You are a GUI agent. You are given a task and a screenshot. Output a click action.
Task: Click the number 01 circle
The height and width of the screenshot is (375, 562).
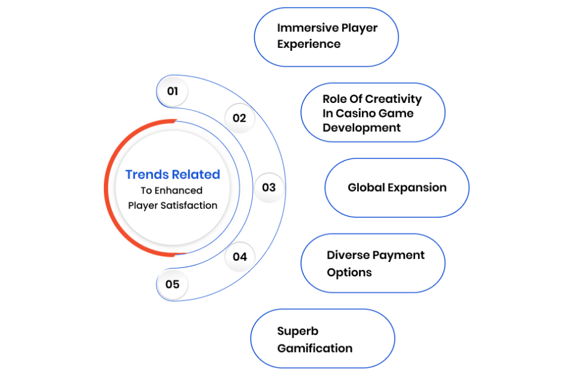pyautogui.click(x=172, y=91)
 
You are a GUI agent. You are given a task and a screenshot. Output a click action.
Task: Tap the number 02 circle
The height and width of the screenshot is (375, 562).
pyautogui.click(x=239, y=118)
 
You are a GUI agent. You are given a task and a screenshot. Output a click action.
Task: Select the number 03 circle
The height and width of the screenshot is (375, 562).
pyautogui.click(x=269, y=187)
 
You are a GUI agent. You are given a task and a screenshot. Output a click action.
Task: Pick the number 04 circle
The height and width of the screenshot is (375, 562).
pyautogui.click(x=239, y=256)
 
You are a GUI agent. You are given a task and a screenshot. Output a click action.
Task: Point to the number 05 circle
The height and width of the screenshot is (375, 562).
pyautogui.click(x=172, y=284)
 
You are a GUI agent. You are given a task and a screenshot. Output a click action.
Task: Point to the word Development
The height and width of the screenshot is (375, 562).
pyautogui.click(x=361, y=128)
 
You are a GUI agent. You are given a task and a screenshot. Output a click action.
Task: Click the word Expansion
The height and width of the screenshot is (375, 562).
pyautogui.click(x=417, y=188)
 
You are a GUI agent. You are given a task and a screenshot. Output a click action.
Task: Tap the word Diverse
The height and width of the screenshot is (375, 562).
pyautogui.click(x=349, y=255)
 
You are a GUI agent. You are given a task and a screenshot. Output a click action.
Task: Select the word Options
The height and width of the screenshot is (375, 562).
pyautogui.click(x=349, y=273)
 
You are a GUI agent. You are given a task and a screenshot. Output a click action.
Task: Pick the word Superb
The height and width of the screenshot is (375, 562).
pyautogui.click(x=297, y=331)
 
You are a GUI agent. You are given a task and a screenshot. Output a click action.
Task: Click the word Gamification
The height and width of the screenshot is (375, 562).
pyautogui.click(x=315, y=348)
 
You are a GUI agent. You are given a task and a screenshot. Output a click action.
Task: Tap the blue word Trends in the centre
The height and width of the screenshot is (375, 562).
pyautogui.click(x=147, y=174)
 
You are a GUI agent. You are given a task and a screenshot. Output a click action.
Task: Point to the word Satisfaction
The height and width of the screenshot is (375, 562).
pyautogui.click(x=189, y=205)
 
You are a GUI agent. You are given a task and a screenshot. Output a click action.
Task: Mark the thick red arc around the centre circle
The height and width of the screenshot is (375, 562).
pyautogui.click(x=106, y=187)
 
